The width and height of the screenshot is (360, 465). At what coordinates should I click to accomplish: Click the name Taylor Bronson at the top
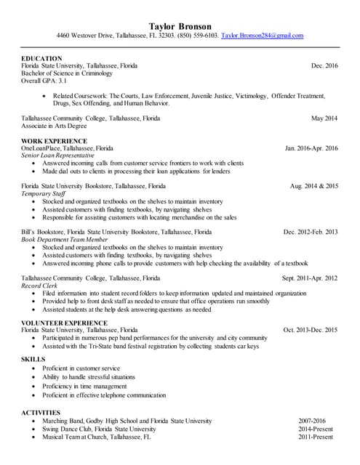(x=180, y=25)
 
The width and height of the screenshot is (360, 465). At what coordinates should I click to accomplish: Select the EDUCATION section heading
(x=41, y=58)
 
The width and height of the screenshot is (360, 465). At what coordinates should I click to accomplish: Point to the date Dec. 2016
(x=324, y=66)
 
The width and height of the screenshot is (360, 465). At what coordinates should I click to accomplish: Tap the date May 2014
(x=324, y=118)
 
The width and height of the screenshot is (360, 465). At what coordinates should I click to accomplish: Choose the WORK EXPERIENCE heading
(x=54, y=141)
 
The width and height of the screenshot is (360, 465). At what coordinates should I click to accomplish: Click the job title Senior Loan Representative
(x=57, y=155)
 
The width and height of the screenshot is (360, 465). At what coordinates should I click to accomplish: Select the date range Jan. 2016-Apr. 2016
(x=311, y=148)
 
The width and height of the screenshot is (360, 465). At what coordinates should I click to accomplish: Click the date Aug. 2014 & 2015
(x=314, y=187)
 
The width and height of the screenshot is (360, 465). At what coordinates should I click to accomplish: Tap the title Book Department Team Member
(x=66, y=240)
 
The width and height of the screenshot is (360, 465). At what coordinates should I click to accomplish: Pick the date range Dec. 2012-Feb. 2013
(x=311, y=232)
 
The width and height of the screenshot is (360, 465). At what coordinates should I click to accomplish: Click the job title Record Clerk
(x=39, y=286)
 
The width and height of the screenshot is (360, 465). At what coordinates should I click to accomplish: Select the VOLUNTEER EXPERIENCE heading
(x=65, y=323)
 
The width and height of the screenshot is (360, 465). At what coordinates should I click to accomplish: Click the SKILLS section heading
(x=33, y=360)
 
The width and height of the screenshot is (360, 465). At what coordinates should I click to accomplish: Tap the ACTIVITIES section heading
(x=41, y=412)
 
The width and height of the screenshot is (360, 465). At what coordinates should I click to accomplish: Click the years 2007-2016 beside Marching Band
(x=313, y=421)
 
